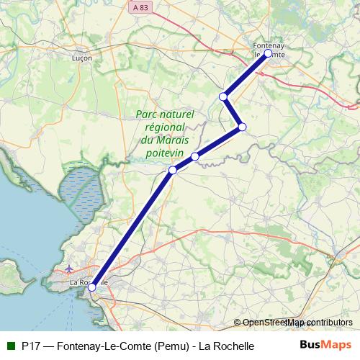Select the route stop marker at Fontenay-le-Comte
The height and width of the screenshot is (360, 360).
[268, 53]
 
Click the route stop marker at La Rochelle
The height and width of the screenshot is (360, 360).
[91, 287]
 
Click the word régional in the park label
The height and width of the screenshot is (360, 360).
[161, 127]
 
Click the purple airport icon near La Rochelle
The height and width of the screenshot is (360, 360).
[68, 270]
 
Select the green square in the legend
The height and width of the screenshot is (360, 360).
[10, 346]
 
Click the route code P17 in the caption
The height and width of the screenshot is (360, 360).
[31, 346]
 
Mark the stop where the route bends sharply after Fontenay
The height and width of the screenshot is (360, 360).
[243, 127]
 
